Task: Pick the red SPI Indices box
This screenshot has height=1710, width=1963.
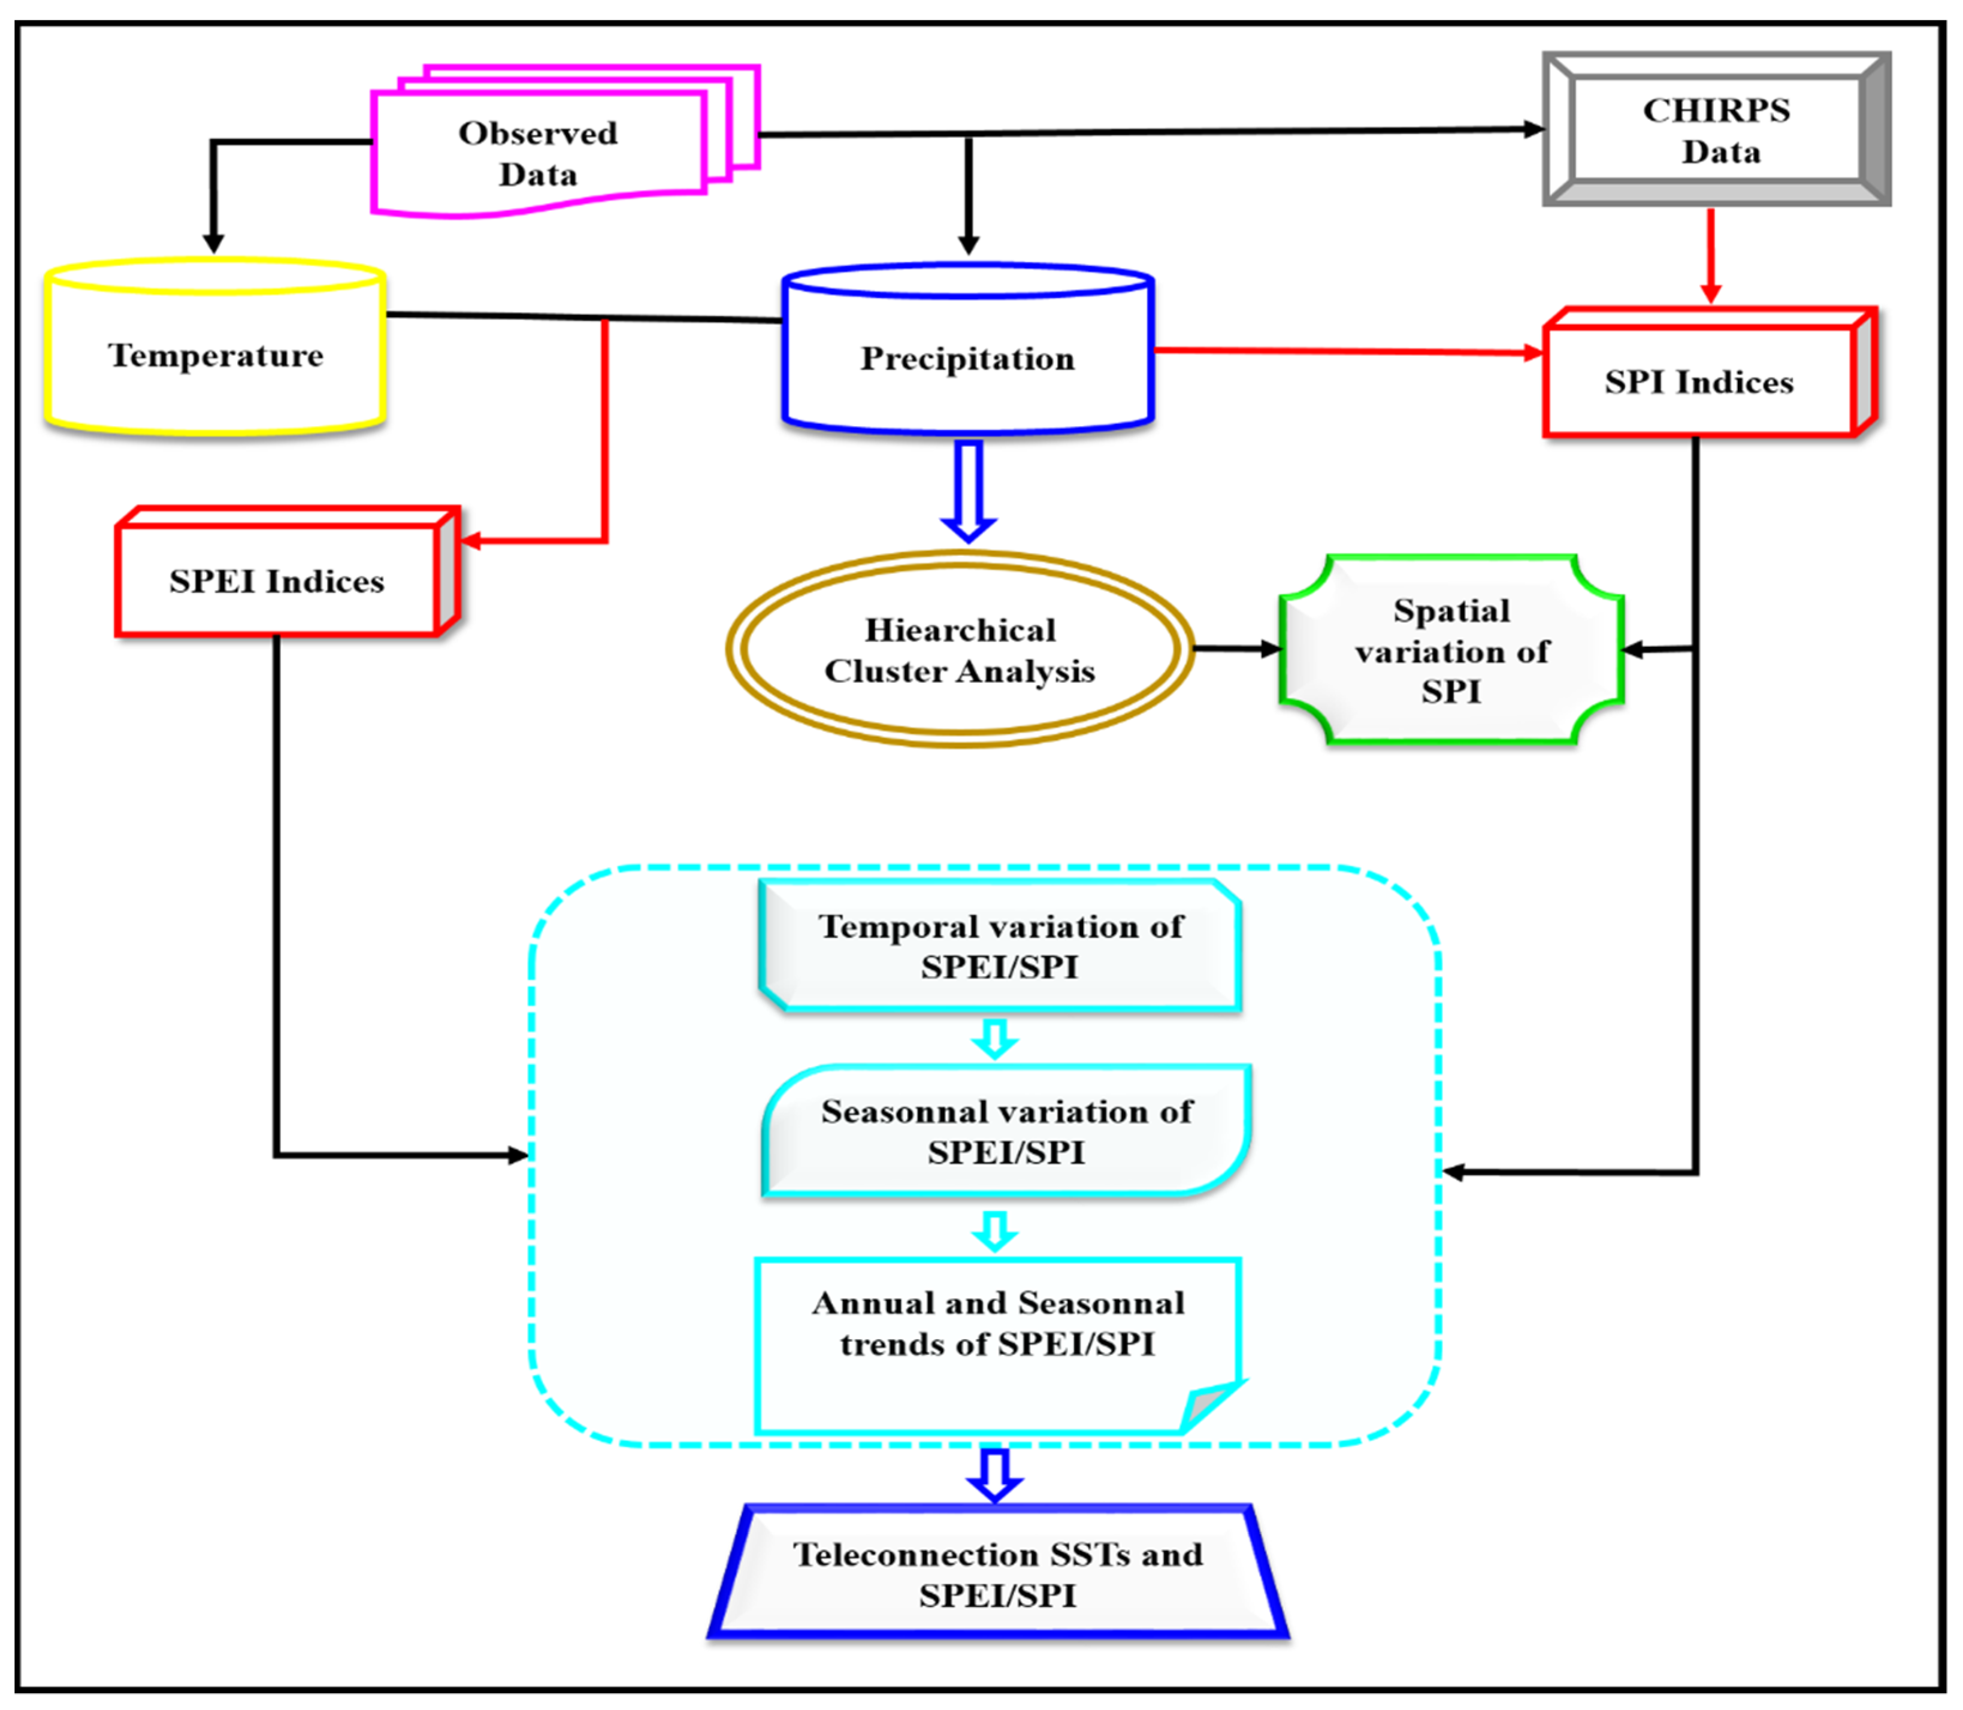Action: coord(1699,382)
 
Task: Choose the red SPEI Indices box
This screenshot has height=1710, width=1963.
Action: coord(277,580)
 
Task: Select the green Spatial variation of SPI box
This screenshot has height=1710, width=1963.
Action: coord(1451,651)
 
